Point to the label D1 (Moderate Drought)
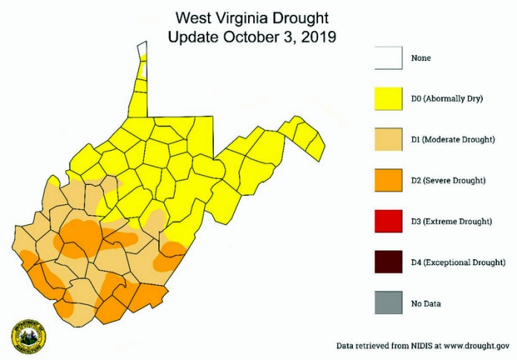pos(453,140)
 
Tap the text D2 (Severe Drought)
pos(449,180)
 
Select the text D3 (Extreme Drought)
pos(452,221)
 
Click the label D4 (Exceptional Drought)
pos(458,262)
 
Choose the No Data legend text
pos(427,303)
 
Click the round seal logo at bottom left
pos(29,337)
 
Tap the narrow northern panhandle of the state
pos(140,82)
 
